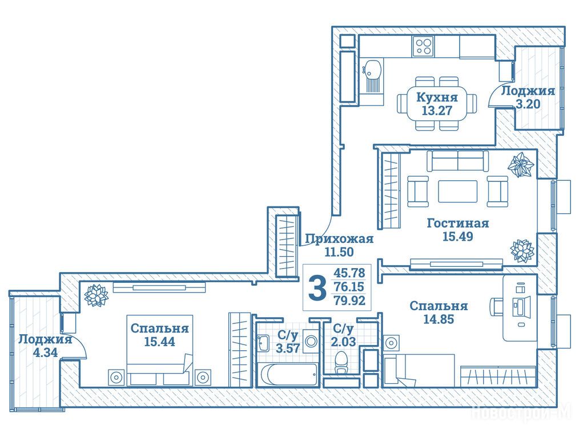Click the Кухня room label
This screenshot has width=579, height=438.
tap(437, 98)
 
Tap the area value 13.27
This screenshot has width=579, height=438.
tap(437, 110)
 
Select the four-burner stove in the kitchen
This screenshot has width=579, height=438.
tap(423, 46)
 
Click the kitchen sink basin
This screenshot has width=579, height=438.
tap(372, 70)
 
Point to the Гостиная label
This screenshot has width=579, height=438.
tap(457, 223)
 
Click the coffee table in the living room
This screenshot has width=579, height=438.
tap(457, 191)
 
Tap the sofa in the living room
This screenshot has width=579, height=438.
tap(457, 160)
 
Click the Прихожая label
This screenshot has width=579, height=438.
tap(339, 240)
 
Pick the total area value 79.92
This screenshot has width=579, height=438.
tap(349, 300)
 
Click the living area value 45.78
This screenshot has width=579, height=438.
tap(349, 273)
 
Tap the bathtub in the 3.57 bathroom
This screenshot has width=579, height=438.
tap(289, 374)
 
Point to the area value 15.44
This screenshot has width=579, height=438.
tap(159, 342)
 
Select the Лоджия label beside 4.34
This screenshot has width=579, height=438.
tap(45, 339)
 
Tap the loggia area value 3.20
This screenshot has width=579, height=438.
tap(528, 104)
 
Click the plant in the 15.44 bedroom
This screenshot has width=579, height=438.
tap(95, 295)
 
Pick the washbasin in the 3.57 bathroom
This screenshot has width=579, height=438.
tap(264, 343)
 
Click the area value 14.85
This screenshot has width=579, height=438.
tap(439, 319)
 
